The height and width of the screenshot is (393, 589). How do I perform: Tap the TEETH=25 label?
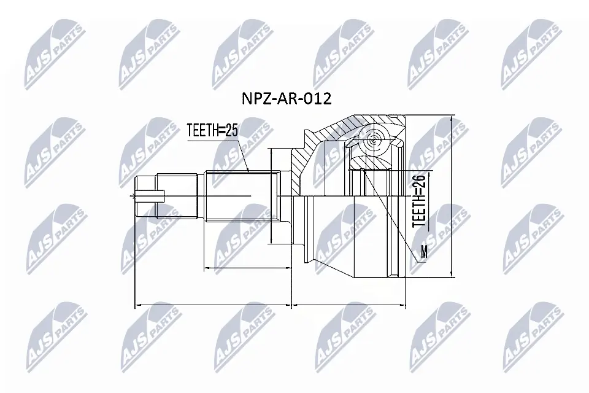tap(212, 129)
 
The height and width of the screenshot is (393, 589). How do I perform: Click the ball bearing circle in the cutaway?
tap(374, 141)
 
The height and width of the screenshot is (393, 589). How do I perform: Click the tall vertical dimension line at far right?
tap(451, 196)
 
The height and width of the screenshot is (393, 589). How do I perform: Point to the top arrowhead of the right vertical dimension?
tap(451, 118)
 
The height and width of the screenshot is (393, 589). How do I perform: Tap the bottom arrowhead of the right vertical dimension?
tap(451, 276)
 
